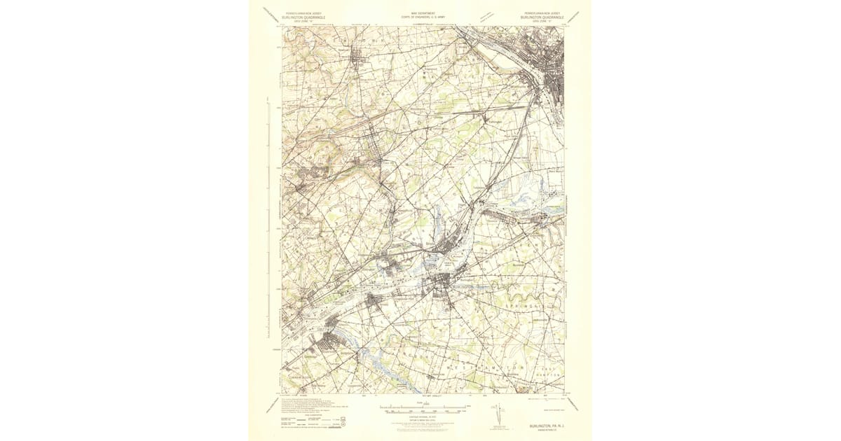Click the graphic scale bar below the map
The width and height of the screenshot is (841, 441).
pos(423,406)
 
